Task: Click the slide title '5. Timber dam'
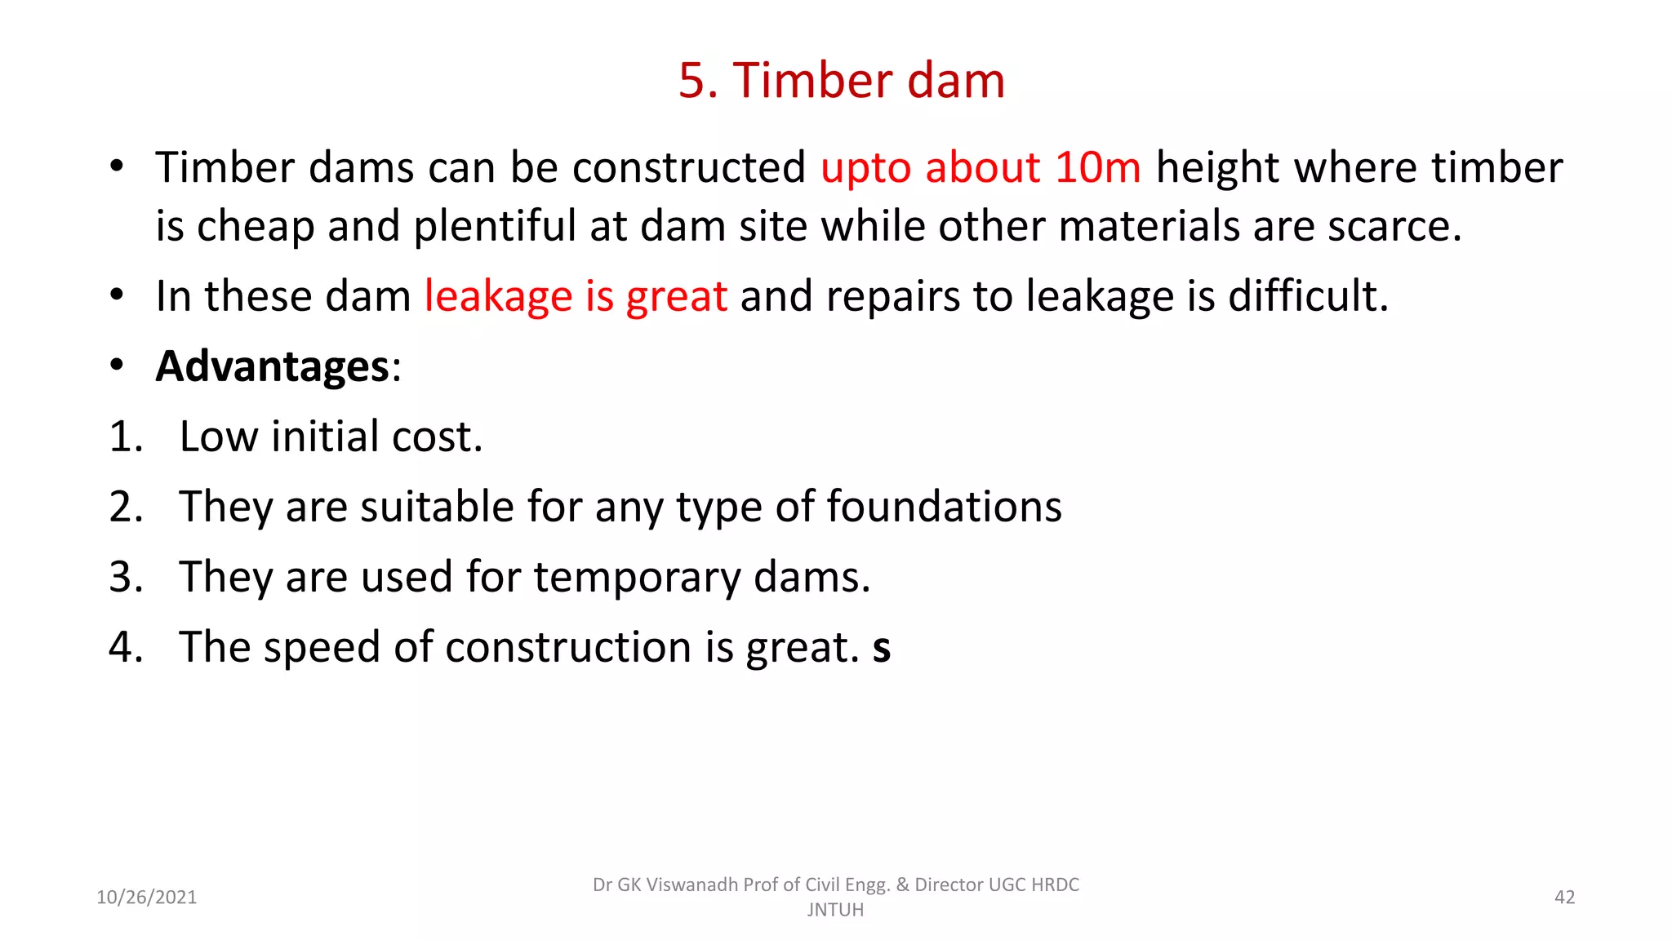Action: coord(842,81)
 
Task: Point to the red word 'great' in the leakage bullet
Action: coord(676,297)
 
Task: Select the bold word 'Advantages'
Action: coord(273,366)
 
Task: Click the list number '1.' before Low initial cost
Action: coord(126,437)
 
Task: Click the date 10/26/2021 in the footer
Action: coord(147,898)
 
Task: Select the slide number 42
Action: coord(1564,898)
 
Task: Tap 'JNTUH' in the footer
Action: coord(835,910)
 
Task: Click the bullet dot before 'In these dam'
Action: coord(118,295)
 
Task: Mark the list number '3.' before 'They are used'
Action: coord(126,578)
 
